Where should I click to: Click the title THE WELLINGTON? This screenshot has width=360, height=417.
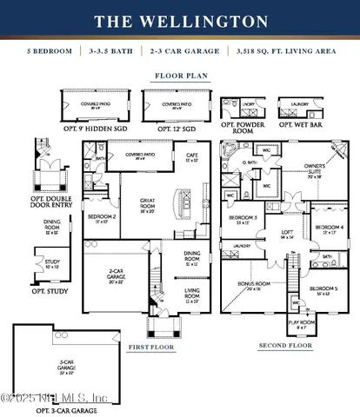click(179, 20)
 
